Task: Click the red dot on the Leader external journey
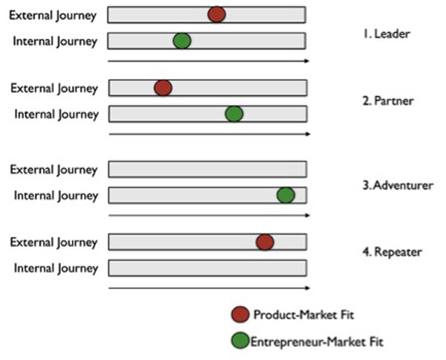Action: coord(216,14)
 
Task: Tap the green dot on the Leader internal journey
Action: coord(182,41)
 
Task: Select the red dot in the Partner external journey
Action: coord(164,88)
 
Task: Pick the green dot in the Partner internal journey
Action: coord(234,114)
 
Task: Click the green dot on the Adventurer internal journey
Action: coord(285,195)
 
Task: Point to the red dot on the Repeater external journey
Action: coord(265,242)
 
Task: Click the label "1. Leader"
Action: coord(387,33)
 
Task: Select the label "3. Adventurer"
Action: coord(397,184)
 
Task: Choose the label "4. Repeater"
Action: coord(392,251)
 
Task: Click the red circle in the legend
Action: coord(240,315)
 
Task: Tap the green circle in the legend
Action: coord(240,341)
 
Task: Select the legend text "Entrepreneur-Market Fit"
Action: coord(317,341)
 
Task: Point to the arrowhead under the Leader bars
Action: coord(307,60)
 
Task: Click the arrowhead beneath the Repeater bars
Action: coord(307,288)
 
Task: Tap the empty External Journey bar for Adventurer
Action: coord(207,169)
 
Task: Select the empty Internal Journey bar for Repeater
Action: coord(207,268)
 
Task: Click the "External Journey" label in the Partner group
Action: coord(54,88)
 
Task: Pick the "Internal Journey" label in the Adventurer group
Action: coord(56,195)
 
